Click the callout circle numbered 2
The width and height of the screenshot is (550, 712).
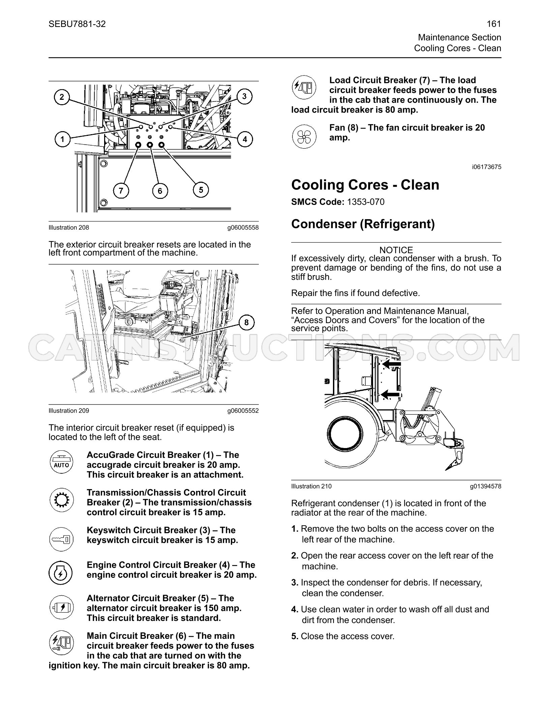(x=62, y=97)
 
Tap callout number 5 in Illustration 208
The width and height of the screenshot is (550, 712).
(x=201, y=190)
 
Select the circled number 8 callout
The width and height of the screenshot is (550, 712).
(x=246, y=323)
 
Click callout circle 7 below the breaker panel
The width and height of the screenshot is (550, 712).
(x=121, y=191)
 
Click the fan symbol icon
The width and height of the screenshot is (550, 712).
(x=304, y=137)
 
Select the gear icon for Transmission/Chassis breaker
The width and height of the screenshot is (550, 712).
(x=61, y=500)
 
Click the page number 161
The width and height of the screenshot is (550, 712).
(x=494, y=24)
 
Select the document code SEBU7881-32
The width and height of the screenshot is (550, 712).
(x=77, y=24)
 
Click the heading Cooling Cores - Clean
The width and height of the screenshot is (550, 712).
(x=365, y=185)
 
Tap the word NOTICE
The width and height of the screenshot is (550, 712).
(x=396, y=250)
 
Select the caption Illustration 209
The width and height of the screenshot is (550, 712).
(x=69, y=411)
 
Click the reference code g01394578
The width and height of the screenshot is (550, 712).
(x=486, y=486)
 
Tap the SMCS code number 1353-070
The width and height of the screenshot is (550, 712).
(x=366, y=202)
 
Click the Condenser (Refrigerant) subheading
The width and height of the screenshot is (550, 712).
(x=363, y=224)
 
